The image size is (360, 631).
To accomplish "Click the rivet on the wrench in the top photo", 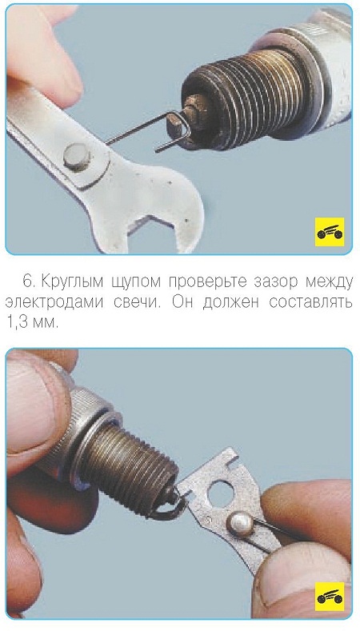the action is (x=77, y=158).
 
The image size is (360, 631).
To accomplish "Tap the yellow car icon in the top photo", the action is (x=330, y=232).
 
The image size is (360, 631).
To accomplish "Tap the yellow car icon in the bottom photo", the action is (x=330, y=597).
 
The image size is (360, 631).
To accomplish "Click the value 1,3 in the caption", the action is (x=17, y=323).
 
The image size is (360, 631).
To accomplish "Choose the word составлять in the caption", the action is (x=311, y=302).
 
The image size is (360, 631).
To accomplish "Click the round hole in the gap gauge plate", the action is (x=219, y=493).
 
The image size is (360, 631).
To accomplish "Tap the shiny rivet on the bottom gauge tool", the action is (x=240, y=525).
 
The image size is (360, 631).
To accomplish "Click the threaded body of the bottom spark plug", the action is (x=129, y=468).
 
